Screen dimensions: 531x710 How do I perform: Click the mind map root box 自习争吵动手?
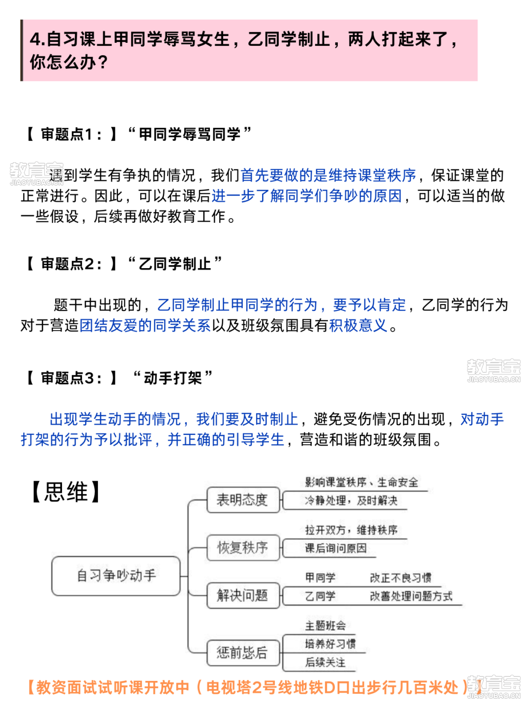116,576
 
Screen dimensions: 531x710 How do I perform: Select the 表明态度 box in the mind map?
243,500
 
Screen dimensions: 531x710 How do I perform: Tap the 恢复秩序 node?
243,548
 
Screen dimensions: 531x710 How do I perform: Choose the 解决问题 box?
243,595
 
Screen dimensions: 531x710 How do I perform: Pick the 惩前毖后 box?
243,653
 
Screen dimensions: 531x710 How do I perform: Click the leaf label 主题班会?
325,625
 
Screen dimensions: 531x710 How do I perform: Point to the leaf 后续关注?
325,662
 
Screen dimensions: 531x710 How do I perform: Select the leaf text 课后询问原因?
336,548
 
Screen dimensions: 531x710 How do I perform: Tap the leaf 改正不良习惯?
400,577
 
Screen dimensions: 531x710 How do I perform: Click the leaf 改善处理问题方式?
411,596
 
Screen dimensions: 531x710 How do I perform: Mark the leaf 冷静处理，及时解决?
351,500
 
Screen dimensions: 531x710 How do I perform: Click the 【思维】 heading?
66,492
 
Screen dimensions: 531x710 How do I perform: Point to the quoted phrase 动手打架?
173,377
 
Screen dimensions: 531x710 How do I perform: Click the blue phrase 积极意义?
358,325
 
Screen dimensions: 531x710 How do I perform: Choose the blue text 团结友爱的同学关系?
145,325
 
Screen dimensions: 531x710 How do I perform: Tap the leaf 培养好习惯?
330,644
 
